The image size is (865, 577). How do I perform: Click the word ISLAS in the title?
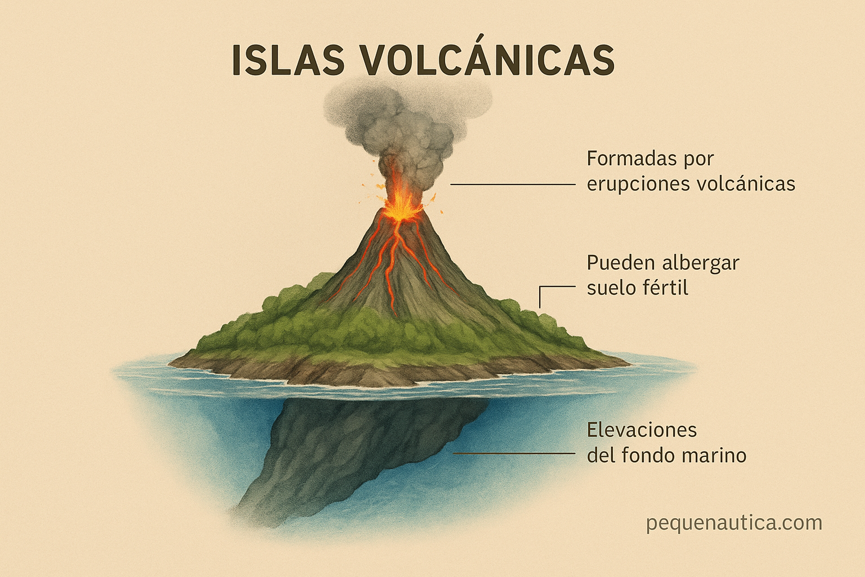coord(288,60)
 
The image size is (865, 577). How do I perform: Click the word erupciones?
coord(638,184)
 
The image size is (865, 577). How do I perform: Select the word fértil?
coord(666,287)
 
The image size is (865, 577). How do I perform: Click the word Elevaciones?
coord(642,430)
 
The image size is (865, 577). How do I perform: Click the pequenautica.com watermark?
coord(734,523)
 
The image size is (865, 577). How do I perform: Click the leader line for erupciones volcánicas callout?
coord(513,184)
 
